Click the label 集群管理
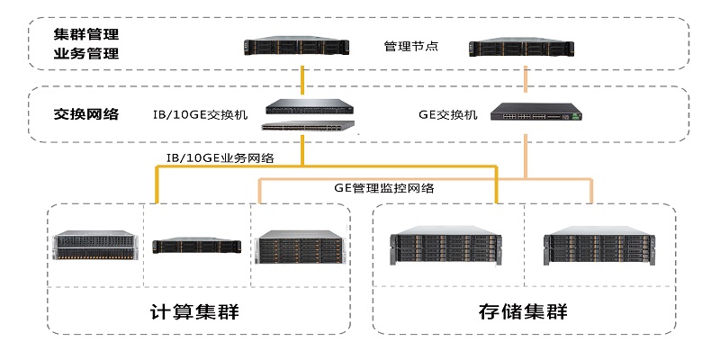point(85,34)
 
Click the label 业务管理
point(85,54)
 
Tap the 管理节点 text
point(411,47)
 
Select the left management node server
point(297,46)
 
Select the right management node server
point(522,48)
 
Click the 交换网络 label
point(85,113)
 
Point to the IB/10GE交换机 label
point(200,114)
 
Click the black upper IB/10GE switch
point(310,106)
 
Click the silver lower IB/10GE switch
point(309,125)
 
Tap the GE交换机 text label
point(447,114)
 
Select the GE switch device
point(536,112)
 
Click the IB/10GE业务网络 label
point(220,158)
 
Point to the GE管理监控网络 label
point(384,188)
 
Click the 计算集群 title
point(194,311)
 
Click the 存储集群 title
point(523,311)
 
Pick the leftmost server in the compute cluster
point(95,245)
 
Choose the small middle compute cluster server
point(196,246)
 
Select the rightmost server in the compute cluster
point(300,247)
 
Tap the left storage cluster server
point(445,246)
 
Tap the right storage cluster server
point(599,246)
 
